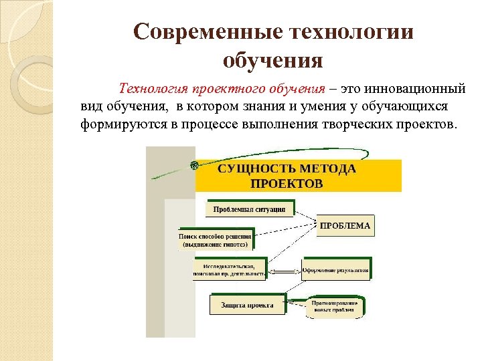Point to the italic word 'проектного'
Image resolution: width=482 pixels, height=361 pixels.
click(225, 89)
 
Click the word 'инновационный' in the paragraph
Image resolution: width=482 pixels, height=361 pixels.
click(414, 89)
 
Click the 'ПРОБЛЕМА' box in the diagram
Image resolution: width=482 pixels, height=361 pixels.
click(345, 226)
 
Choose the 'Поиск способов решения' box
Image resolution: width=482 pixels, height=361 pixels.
click(215, 240)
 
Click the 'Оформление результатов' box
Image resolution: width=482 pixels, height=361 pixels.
click(335, 271)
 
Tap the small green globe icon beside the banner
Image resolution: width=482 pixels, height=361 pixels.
click(193, 164)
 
